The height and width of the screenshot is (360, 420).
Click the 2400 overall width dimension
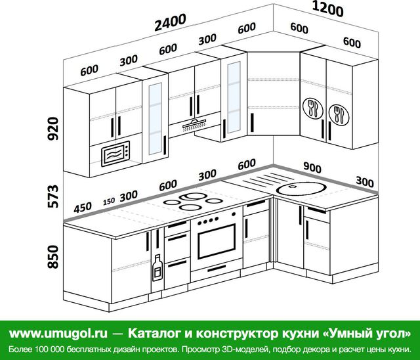[171, 22]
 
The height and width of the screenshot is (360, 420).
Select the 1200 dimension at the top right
[328, 9]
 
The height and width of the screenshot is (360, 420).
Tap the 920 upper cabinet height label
[52, 129]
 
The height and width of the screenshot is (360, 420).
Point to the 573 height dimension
[52, 196]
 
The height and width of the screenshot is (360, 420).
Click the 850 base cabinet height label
[52, 257]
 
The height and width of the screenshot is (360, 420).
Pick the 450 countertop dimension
[83, 208]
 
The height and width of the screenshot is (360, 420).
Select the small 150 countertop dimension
[109, 201]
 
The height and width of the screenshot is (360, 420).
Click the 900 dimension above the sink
[312, 168]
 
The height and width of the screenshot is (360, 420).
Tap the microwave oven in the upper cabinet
[115, 154]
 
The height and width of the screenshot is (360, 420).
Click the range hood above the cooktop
[194, 125]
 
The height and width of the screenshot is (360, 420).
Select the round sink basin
[301, 188]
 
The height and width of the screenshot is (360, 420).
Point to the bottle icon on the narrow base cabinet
[157, 267]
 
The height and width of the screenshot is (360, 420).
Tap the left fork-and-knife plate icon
[312, 108]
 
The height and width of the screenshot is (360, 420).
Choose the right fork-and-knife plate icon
[339, 115]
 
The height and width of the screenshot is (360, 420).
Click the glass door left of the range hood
[156, 118]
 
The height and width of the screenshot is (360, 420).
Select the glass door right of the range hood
[234, 97]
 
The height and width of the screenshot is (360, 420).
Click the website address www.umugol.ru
[58, 334]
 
